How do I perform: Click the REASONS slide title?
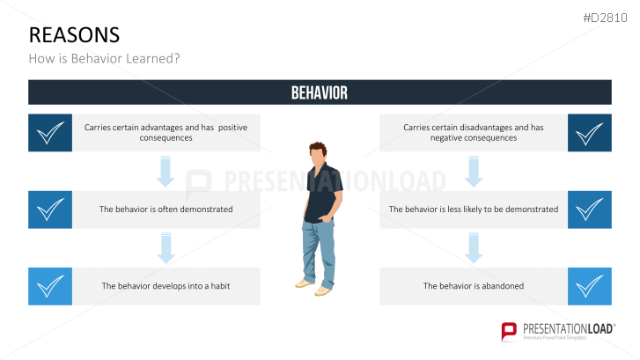tap(74, 34)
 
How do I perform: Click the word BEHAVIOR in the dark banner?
tap(320, 92)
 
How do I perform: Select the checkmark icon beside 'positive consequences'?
tap(50, 133)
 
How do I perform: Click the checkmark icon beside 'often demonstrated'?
tap(50, 209)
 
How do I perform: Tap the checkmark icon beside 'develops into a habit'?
tap(50, 286)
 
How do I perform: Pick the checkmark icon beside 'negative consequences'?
tap(590, 133)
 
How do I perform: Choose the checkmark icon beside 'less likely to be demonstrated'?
tap(590, 209)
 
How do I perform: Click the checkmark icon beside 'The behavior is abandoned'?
tap(590, 286)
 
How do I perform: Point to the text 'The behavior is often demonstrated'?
tap(166, 209)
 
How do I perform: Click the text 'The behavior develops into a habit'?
tap(166, 286)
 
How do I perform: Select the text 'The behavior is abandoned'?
tap(474, 286)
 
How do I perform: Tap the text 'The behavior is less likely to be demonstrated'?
tap(474, 209)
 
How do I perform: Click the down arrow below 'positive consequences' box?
tap(165, 172)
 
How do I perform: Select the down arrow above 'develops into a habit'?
tap(165, 248)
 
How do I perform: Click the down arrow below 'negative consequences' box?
tap(474, 172)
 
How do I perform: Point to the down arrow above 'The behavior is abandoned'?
tap(474, 248)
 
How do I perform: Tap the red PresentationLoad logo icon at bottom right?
tap(509, 331)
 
